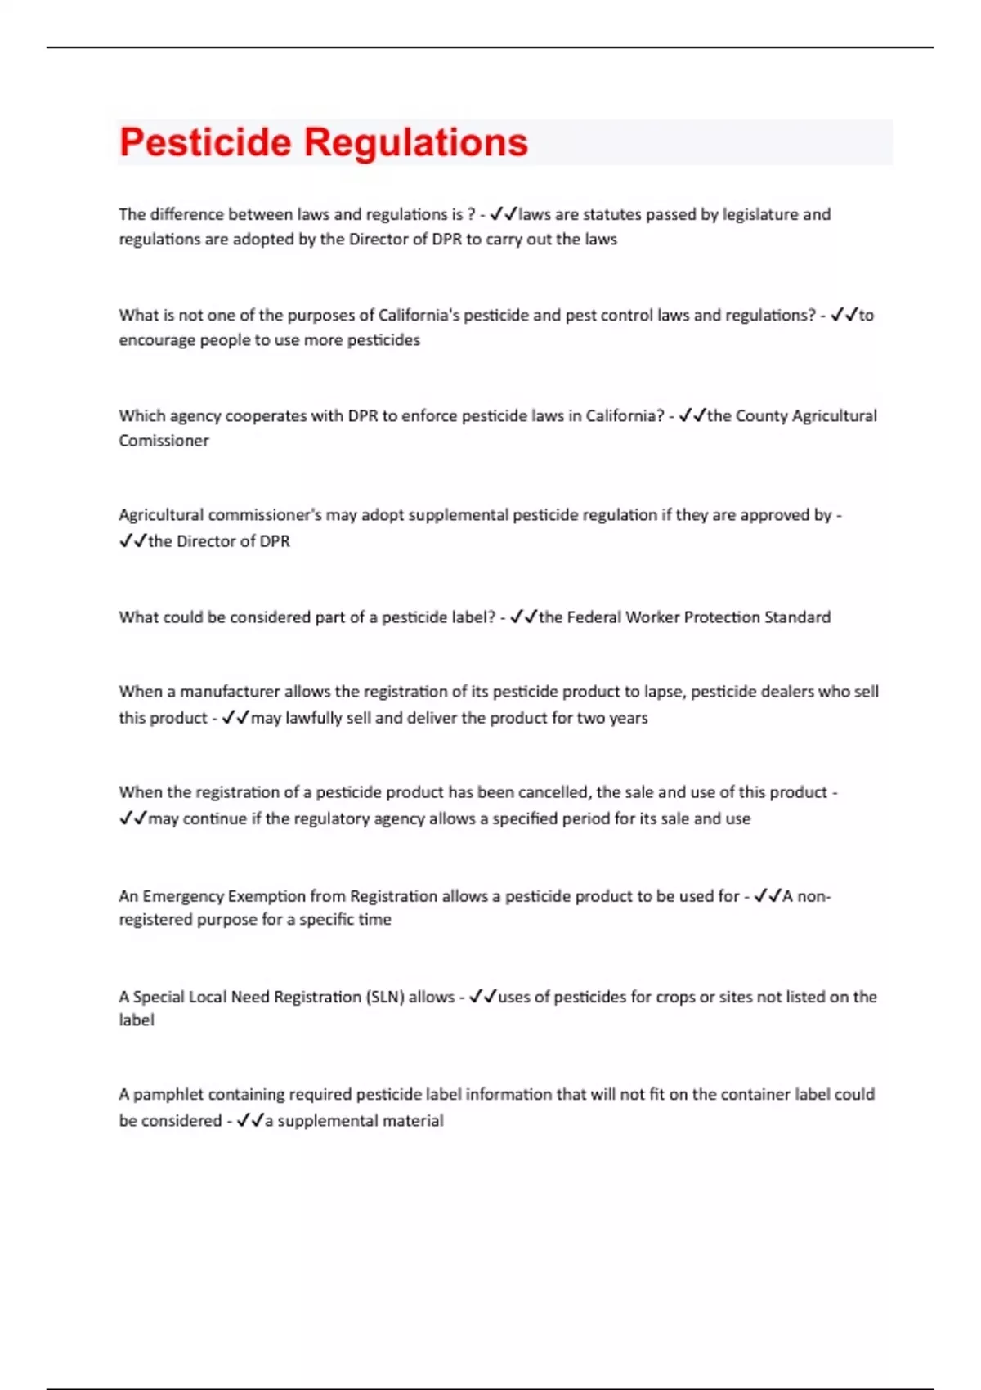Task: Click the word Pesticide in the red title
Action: coord(205,142)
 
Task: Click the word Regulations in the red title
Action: coord(416,142)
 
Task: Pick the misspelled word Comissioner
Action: coord(163,441)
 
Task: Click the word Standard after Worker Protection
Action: coord(797,617)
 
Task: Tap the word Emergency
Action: coord(183,896)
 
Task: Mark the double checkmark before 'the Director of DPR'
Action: coord(132,541)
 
